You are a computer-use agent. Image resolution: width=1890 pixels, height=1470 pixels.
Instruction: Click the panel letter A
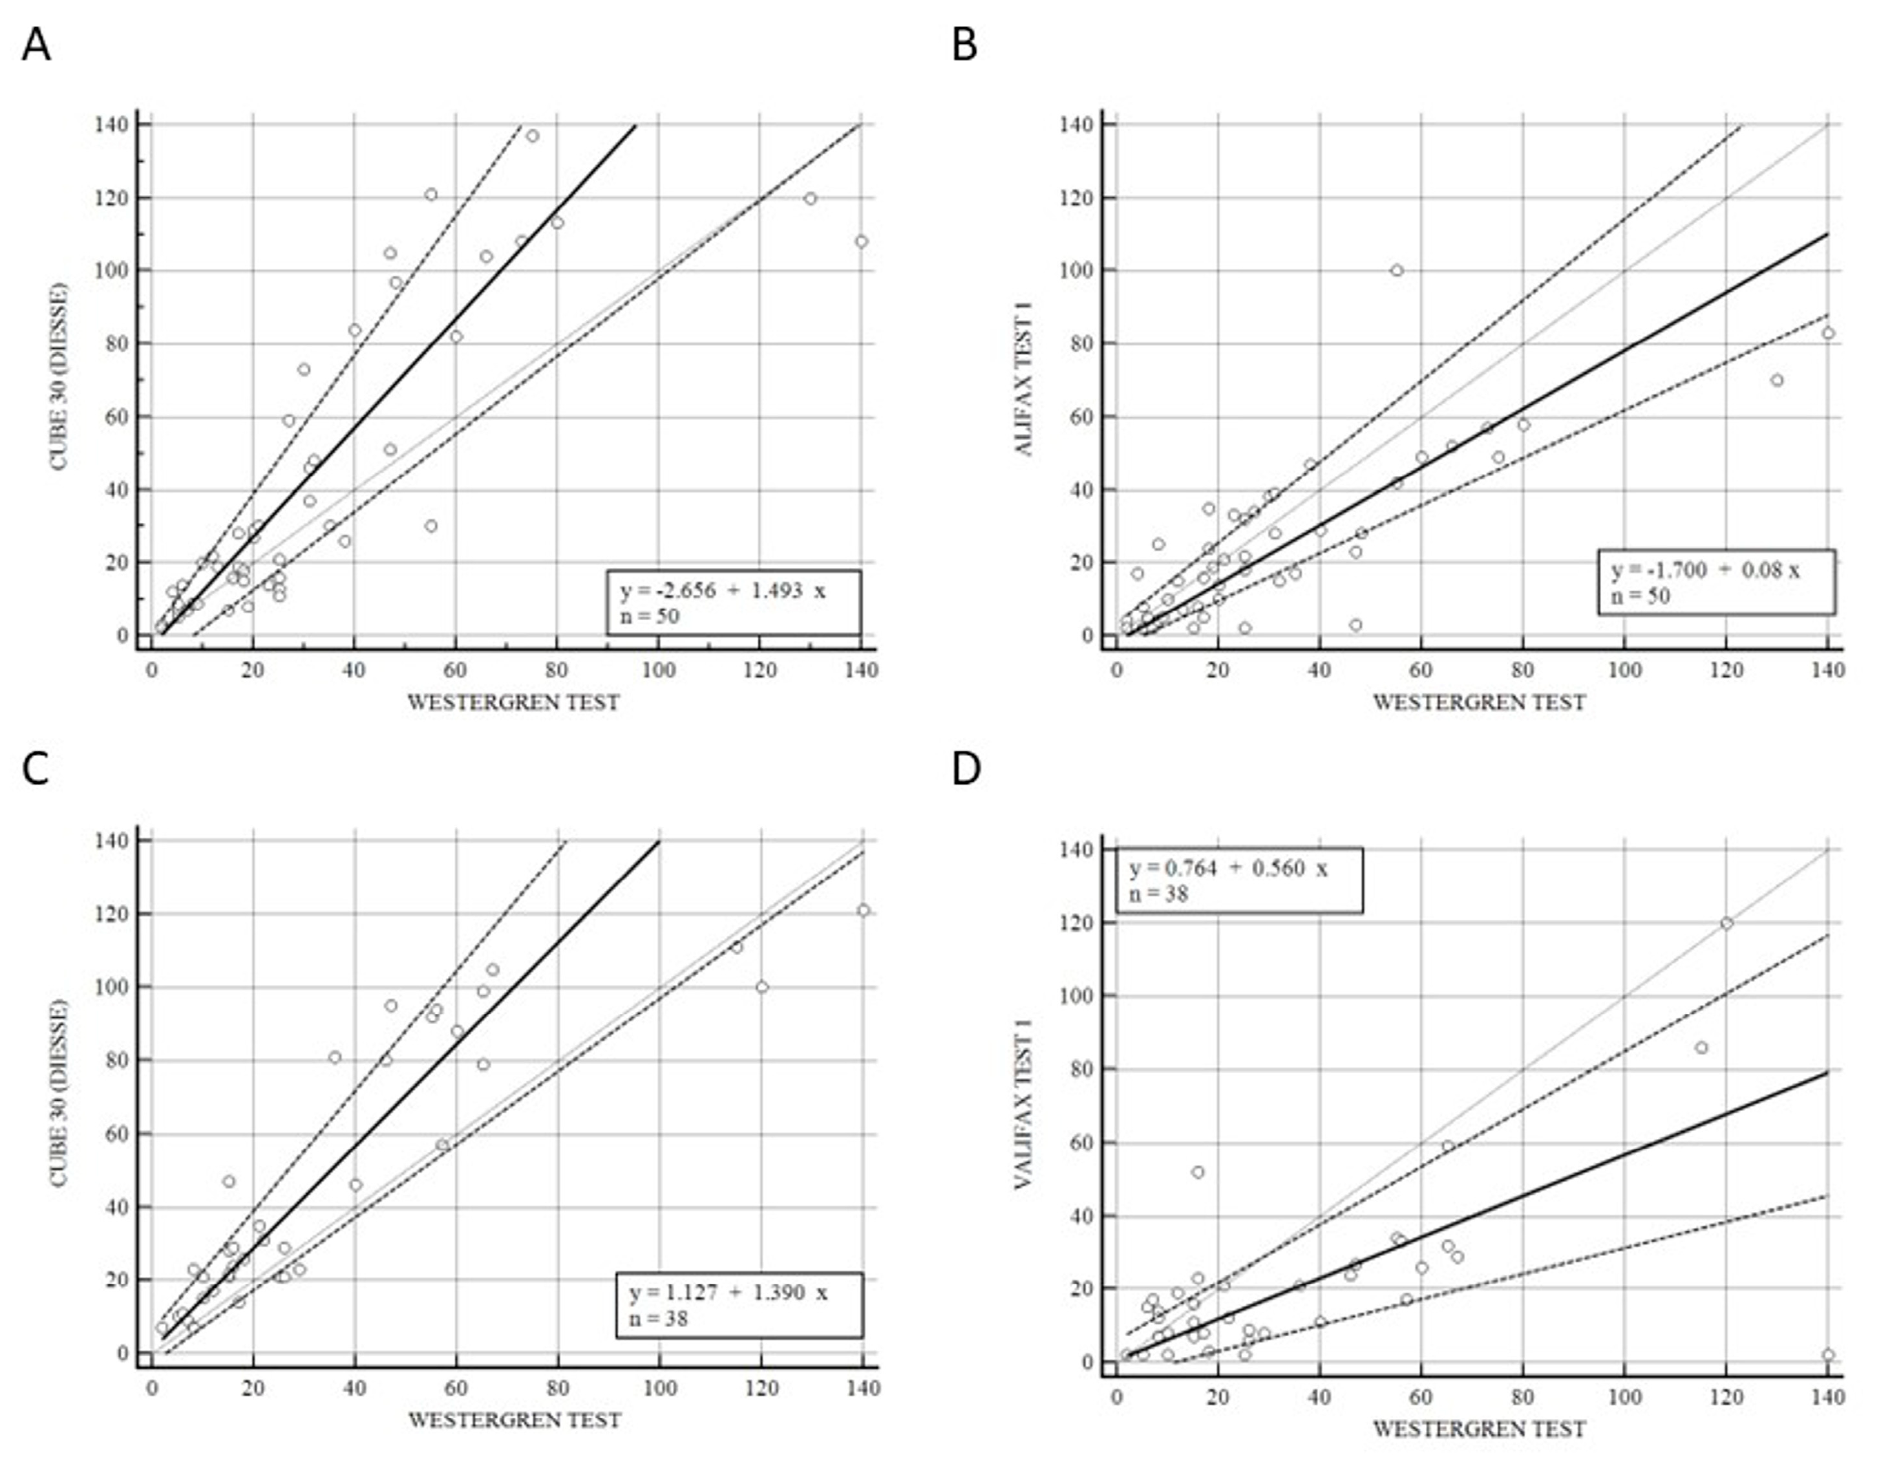pyautogui.click(x=36, y=45)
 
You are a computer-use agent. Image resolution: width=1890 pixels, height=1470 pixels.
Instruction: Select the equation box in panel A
pyautogui.click(x=733, y=603)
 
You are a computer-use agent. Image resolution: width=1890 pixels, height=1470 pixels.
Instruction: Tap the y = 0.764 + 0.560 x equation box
pyautogui.click(x=1238, y=880)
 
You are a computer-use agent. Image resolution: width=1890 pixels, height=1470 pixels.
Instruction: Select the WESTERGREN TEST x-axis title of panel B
pyautogui.click(x=1479, y=702)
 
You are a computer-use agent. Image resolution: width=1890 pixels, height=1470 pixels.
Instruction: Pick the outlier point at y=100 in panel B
pyautogui.click(x=1396, y=270)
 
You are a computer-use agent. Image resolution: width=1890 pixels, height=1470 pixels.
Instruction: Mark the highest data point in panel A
pyautogui.click(x=532, y=136)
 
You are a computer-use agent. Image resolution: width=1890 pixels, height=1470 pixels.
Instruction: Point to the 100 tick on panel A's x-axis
pyautogui.click(x=659, y=670)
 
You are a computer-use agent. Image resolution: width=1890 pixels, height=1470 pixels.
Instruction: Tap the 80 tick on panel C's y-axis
pyautogui.click(x=114, y=1061)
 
